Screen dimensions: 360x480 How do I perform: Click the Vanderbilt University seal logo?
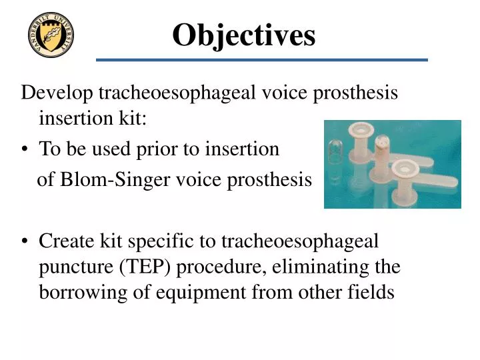coord(51,35)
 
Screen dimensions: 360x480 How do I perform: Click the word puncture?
coord(77,267)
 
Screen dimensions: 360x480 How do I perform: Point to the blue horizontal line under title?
coord(261,60)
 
